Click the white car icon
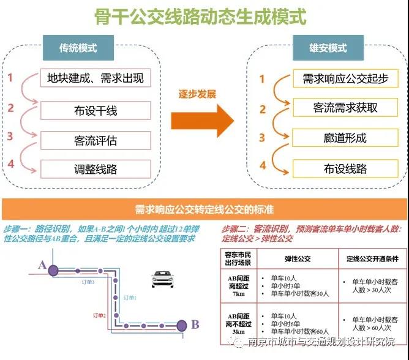tap(162, 279)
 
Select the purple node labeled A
tap(53, 269)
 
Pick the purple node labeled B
tap(181, 324)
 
